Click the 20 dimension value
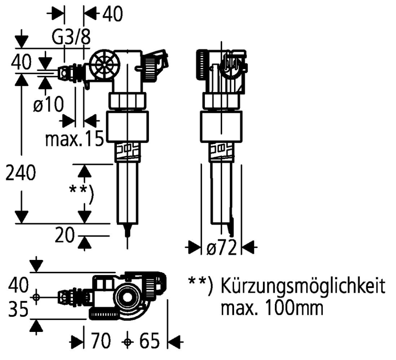[65, 236]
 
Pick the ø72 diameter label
[221, 248]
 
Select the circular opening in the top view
[129, 298]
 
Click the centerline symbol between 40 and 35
[36, 297]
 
